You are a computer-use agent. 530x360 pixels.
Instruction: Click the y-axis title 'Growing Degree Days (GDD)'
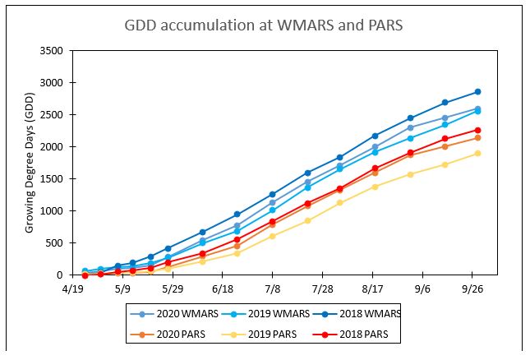click(x=30, y=162)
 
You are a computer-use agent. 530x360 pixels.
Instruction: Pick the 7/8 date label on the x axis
click(x=273, y=289)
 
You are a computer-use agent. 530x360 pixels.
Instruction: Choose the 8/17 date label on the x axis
click(x=372, y=289)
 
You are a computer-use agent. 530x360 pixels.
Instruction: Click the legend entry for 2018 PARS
click(x=349, y=334)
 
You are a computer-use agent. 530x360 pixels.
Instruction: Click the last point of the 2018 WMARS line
click(x=477, y=92)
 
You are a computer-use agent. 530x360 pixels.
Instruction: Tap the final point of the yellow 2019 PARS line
click(x=477, y=154)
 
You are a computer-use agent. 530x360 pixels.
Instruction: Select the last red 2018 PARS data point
click(x=477, y=130)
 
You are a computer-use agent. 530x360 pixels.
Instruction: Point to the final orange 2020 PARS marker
click(x=477, y=137)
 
